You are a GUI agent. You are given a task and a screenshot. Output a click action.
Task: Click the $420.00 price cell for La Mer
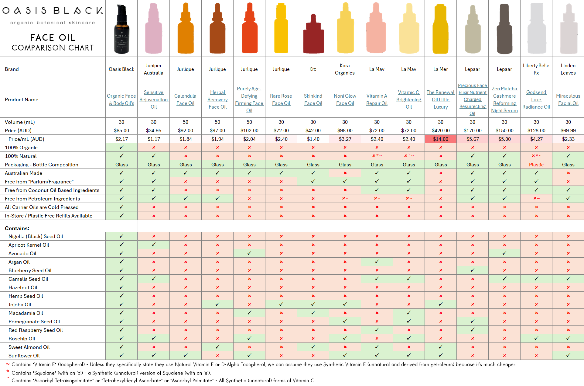click(440, 130)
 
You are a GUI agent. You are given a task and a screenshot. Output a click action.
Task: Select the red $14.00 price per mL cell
click(440, 139)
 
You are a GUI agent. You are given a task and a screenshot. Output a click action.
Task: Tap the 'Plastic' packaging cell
click(536, 165)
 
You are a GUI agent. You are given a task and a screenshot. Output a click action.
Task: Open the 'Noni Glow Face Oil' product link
click(345, 99)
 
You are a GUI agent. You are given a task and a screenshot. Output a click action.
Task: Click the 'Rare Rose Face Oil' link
click(281, 99)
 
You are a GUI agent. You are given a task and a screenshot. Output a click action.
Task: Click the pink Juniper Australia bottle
click(154, 29)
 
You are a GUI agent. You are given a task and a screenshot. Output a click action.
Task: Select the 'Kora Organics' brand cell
click(345, 69)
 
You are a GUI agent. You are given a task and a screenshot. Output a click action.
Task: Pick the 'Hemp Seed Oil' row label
click(26, 296)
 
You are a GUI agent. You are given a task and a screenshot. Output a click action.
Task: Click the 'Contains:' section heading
click(17, 228)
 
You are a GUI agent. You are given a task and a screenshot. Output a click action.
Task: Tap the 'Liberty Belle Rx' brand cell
click(536, 69)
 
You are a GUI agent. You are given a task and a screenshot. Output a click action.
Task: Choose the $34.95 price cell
click(154, 130)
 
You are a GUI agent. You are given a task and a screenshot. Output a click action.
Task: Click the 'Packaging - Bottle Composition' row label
click(42, 165)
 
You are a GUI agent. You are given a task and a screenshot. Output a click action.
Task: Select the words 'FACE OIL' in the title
click(53, 37)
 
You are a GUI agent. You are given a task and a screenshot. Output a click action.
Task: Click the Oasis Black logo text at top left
click(53, 11)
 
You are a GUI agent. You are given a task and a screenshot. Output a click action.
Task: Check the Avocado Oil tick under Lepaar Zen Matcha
click(504, 253)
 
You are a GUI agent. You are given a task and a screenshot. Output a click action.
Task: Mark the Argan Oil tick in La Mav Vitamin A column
click(377, 262)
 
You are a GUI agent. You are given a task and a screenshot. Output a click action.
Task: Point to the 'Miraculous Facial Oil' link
click(568, 99)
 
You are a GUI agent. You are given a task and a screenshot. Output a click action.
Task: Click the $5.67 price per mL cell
click(472, 139)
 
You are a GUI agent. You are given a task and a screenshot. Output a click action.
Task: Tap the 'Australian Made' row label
click(24, 173)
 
